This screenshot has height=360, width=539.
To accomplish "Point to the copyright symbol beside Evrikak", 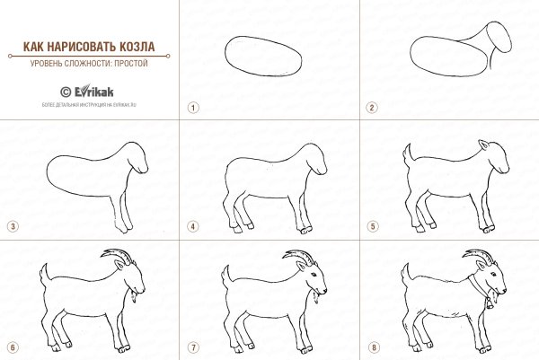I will click(65, 92).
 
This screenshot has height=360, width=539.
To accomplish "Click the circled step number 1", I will click(191, 107).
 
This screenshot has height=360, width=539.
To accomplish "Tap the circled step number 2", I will click(370, 107).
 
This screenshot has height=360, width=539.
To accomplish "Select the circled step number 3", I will click(12, 226).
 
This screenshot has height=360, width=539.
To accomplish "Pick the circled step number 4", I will click(191, 226).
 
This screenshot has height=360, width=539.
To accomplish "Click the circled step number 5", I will click(370, 226).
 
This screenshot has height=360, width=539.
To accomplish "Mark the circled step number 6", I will click(12, 346).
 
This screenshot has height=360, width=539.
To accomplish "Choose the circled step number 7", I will click(191, 346).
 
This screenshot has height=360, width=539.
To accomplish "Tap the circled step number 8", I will click(370, 346).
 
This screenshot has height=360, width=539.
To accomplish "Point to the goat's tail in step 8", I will click(405, 272).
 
